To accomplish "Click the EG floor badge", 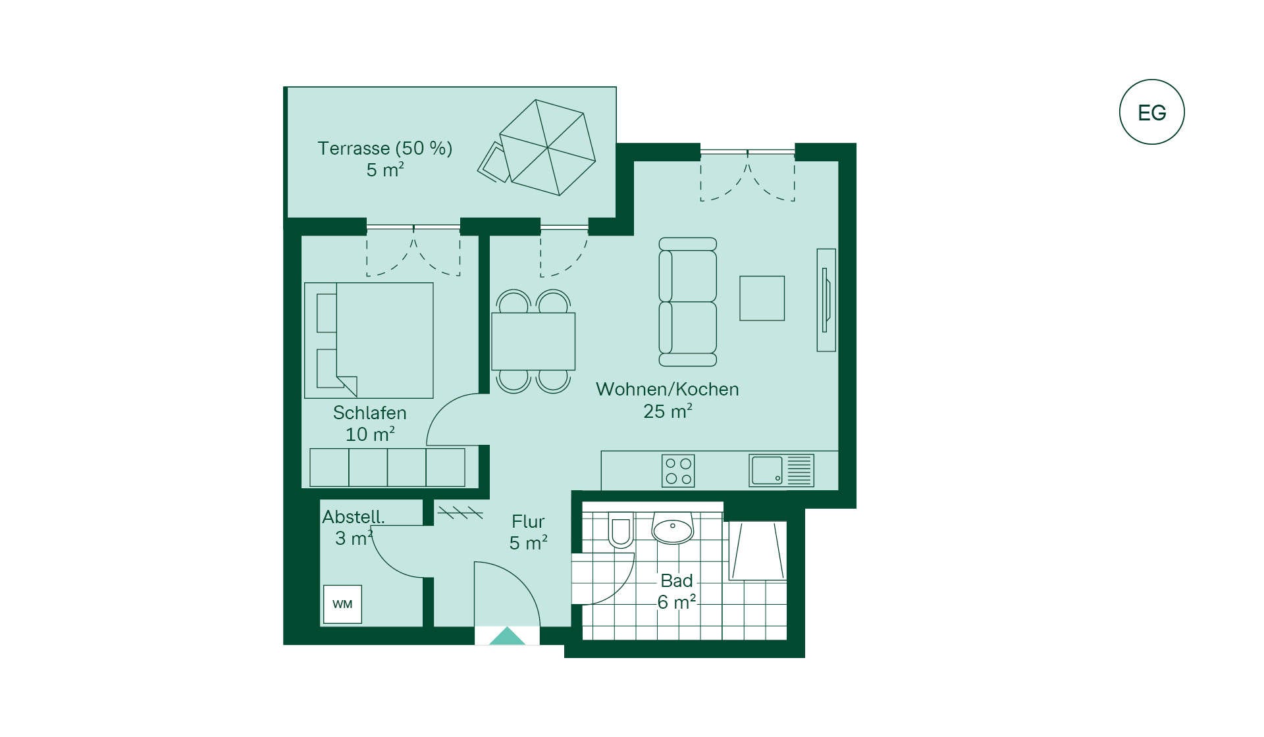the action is tap(1151, 112).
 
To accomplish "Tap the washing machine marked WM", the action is tap(342, 604).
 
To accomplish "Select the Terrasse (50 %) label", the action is tap(385, 148).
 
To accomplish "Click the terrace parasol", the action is tap(548, 147).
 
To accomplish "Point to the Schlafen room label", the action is tap(369, 413).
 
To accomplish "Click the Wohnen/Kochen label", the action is tap(668, 389).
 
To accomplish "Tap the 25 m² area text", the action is tap(668, 411).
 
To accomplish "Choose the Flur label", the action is tap(528, 522).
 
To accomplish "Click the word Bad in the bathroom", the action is tap(677, 581).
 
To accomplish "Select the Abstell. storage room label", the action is tap(354, 517).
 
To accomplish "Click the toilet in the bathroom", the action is tap(620, 529).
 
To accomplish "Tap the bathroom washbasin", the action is tap(672, 527).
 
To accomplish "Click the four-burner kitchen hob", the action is tap(678, 470).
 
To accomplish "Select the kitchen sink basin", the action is tap(767, 470).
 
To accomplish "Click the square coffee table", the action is tap(762, 298).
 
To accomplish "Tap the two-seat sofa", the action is tap(688, 302).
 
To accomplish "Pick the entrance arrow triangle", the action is tap(507, 636).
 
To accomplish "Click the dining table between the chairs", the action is tap(533, 342).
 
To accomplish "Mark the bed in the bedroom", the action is tap(369, 340).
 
